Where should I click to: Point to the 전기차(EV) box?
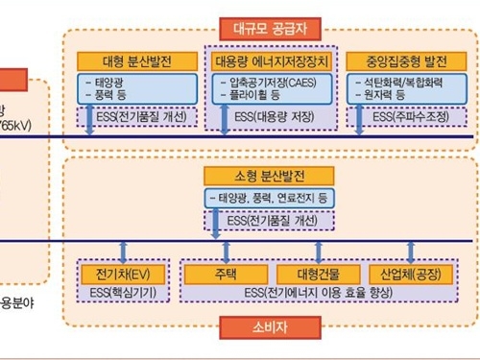[120, 273]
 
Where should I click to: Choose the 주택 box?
[228, 273]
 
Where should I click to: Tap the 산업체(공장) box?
[411, 273]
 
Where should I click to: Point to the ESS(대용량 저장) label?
[269, 117]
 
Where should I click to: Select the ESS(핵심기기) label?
[121, 292]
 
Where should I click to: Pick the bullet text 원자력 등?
[393, 97]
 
